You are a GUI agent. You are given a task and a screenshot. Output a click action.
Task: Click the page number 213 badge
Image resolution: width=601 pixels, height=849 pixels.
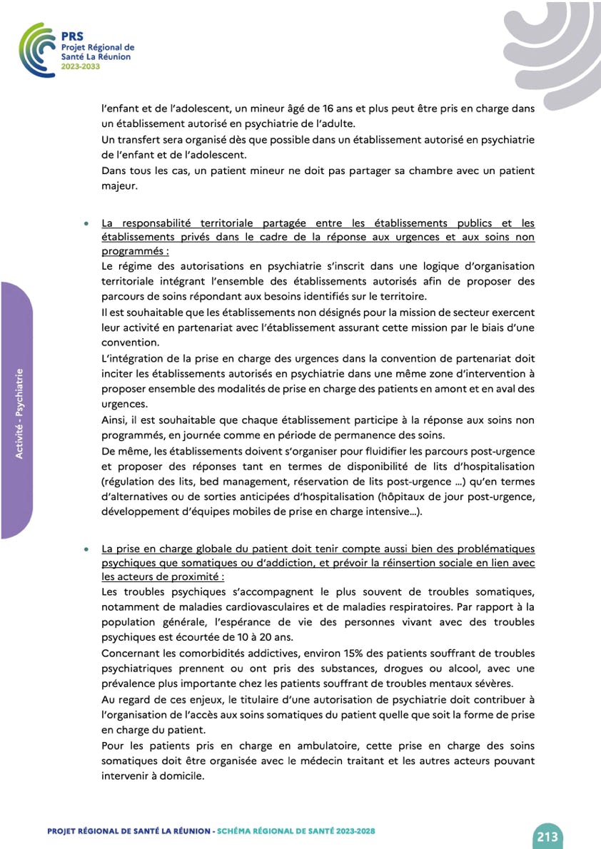coord(547,835)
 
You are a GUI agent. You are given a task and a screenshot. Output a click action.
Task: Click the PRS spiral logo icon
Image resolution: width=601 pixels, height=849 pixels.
coord(36,50)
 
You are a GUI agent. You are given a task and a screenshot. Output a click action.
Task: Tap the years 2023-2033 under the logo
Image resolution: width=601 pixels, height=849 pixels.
coord(80,66)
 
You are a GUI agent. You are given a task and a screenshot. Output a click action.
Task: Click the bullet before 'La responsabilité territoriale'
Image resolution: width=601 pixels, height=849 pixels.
coord(86,224)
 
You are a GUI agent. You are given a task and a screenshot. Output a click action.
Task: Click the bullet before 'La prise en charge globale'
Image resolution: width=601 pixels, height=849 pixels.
coord(86,550)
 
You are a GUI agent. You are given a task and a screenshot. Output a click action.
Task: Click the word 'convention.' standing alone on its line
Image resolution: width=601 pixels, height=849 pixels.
coord(130,342)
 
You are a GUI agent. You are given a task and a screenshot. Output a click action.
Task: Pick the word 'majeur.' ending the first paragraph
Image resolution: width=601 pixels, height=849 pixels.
coord(118,187)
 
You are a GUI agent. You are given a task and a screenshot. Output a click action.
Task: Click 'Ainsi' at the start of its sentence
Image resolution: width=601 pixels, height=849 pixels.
coord(115,419)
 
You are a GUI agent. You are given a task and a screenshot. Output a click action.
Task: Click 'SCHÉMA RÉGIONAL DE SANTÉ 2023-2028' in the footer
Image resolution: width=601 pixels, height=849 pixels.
coord(296,831)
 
